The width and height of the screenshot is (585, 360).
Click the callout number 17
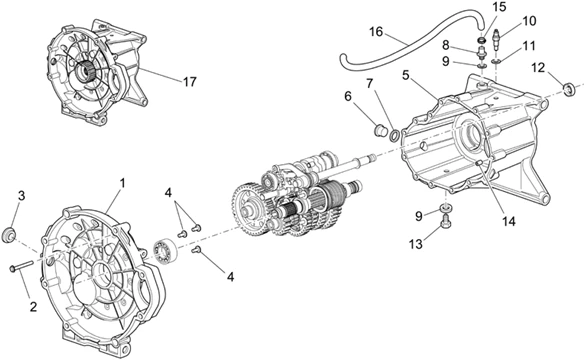tap(190, 82)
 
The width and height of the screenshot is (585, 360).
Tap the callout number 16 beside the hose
tap(376, 32)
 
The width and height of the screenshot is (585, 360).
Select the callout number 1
tap(122, 183)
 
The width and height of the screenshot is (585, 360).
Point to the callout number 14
tap(509, 221)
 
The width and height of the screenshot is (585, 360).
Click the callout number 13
tap(416, 244)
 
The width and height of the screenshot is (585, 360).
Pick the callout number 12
tap(538, 68)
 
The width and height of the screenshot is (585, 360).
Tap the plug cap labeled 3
tap(9, 235)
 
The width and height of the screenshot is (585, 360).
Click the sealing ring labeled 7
tap(394, 136)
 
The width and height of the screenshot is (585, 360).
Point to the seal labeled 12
tap(569, 90)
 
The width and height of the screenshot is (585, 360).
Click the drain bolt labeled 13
tap(446, 220)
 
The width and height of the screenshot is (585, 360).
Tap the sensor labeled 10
tap(497, 38)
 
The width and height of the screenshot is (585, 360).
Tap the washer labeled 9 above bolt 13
tap(446, 207)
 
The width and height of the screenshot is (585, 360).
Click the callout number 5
tap(406, 75)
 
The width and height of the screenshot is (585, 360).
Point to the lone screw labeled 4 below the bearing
tap(196, 251)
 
